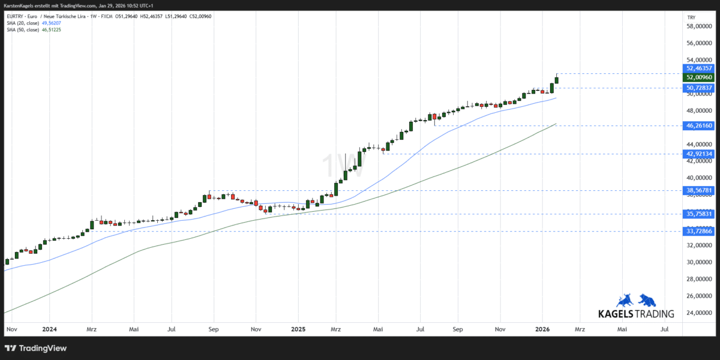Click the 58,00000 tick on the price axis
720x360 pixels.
pos(699,26)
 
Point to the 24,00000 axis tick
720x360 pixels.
pos(699,313)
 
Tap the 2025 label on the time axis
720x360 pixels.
pos(298,329)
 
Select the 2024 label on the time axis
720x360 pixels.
pos(50,329)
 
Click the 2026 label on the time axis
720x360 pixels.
pos(542,329)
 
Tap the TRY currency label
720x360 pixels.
pos(691,17)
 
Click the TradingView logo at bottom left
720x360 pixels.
pos(36,348)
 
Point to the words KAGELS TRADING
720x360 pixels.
pos(636,314)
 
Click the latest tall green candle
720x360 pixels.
pos(557,79)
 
